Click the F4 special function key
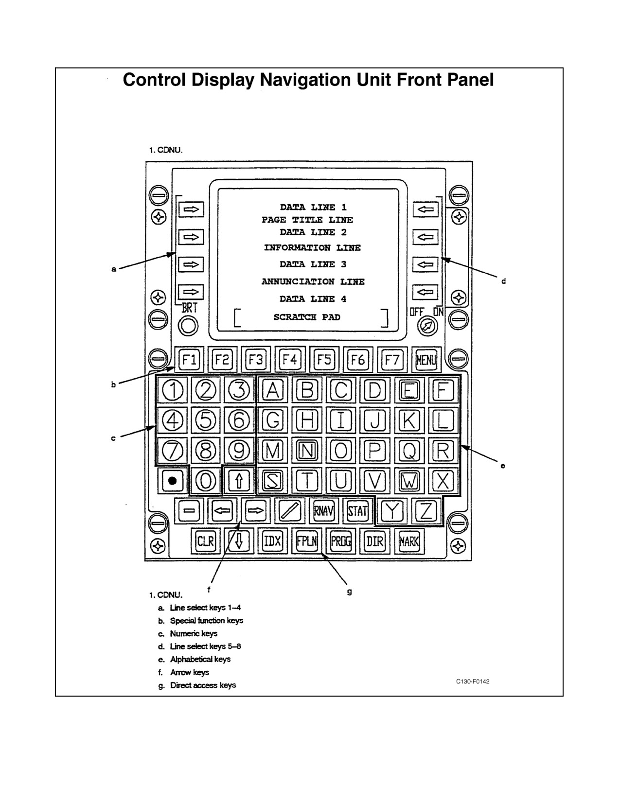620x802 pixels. (x=290, y=359)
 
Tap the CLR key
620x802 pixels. (x=205, y=541)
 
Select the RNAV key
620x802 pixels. (x=324, y=511)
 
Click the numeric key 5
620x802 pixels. (x=205, y=420)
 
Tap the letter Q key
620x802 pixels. (x=409, y=451)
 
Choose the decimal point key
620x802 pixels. (x=173, y=481)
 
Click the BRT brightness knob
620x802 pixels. (x=188, y=326)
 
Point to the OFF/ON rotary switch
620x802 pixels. (x=427, y=326)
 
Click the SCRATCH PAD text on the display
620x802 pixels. (x=307, y=317)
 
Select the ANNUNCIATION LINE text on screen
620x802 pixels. (x=313, y=281)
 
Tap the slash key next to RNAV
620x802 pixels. (x=290, y=511)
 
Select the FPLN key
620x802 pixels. (x=307, y=541)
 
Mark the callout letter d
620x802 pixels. (x=503, y=281)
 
